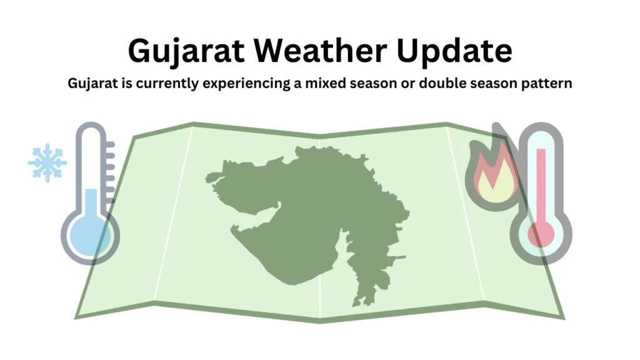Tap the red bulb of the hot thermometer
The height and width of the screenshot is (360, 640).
pyautogui.click(x=541, y=234)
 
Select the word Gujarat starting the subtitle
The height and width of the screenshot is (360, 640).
pyautogui.click(x=91, y=84)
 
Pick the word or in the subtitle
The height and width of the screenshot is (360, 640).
pyautogui.click(x=414, y=84)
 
